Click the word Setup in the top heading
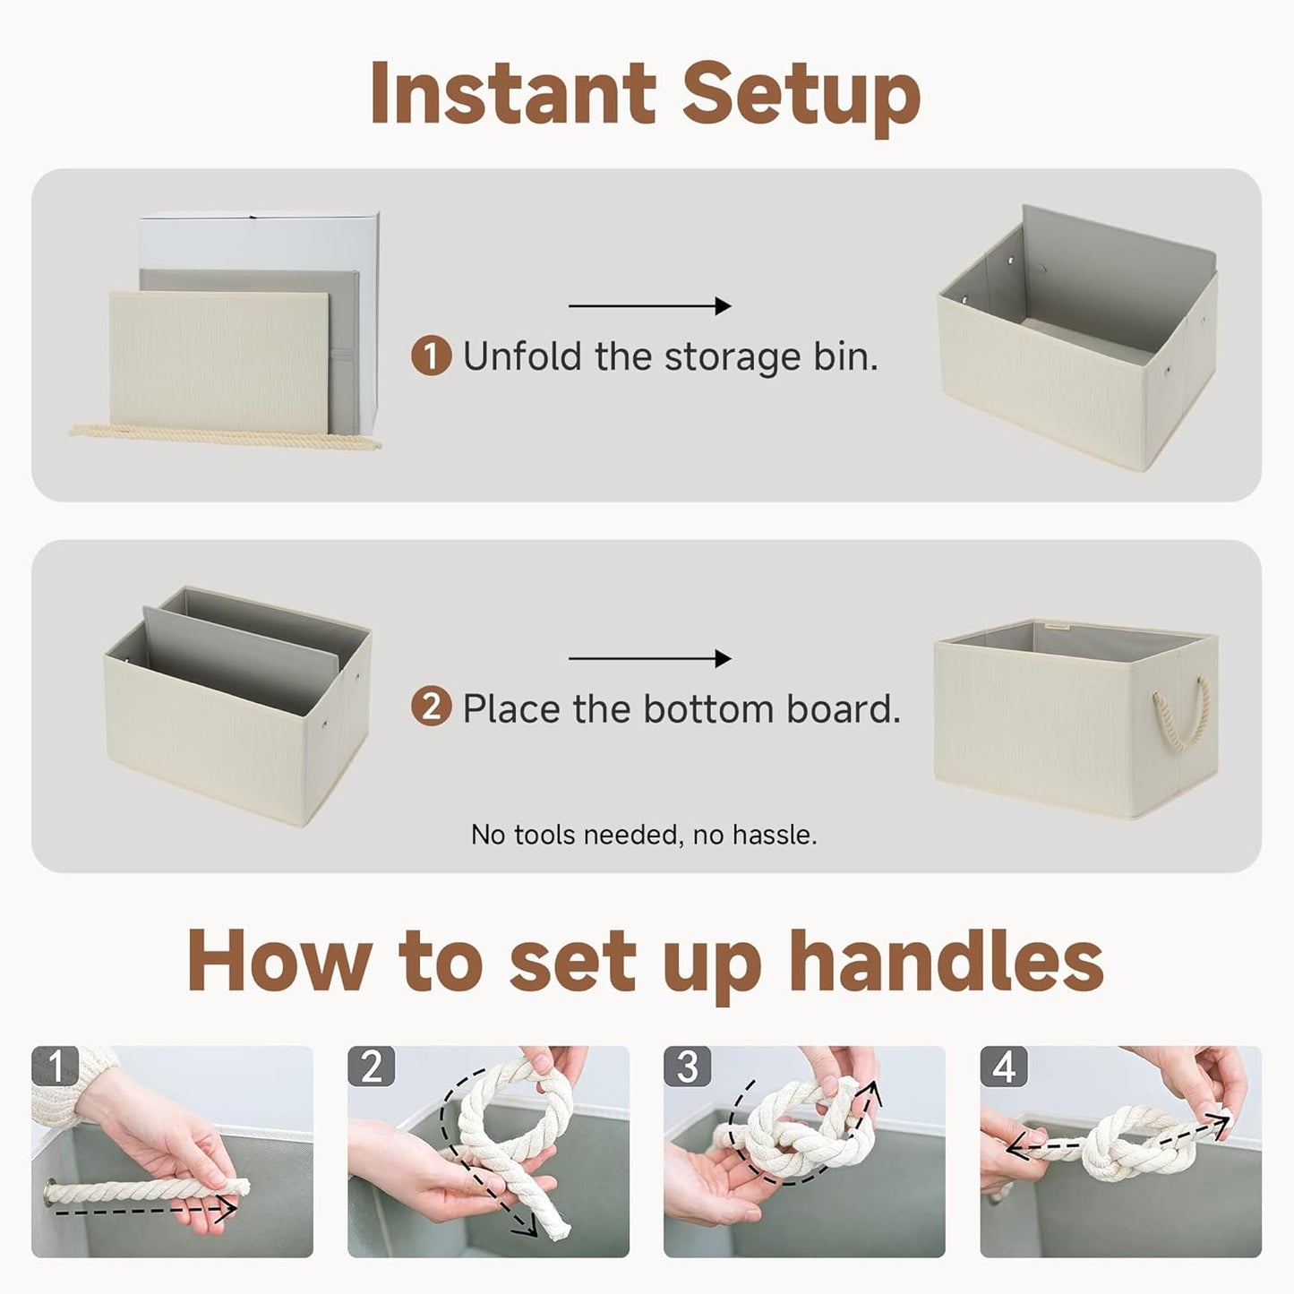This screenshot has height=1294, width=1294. tap(802, 95)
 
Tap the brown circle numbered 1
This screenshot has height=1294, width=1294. tap(431, 356)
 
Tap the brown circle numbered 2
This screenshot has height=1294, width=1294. tap(431, 708)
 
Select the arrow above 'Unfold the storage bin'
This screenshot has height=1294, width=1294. tap(649, 306)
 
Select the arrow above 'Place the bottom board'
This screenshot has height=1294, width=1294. tap(649, 659)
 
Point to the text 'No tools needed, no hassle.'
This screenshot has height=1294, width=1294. tap(644, 835)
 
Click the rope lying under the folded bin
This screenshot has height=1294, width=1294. tap(224, 436)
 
